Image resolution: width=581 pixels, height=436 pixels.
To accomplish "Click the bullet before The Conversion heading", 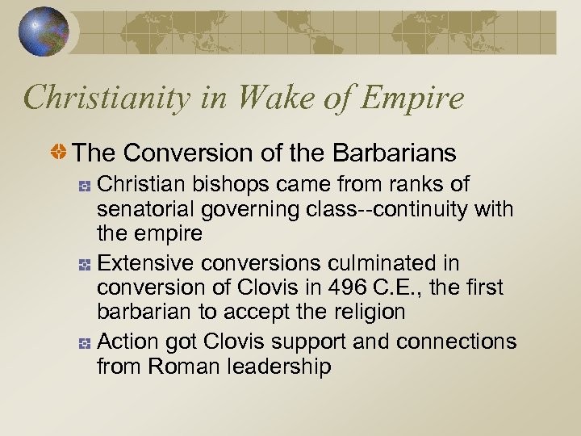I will (60, 153).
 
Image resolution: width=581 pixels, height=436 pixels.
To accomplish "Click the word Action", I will (123, 342).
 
